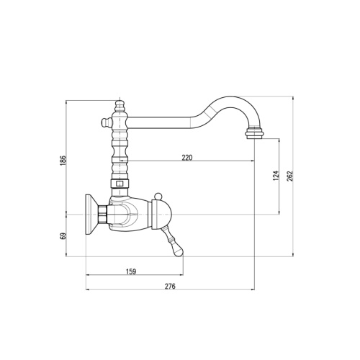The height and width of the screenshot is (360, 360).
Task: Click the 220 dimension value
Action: click(x=187, y=158)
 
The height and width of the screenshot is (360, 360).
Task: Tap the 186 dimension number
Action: click(x=63, y=161)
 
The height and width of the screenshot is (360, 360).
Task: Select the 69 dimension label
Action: click(x=63, y=236)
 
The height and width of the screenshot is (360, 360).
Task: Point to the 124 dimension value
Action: click(x=276, y=176)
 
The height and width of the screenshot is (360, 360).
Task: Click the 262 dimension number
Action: click(x=290, y=176)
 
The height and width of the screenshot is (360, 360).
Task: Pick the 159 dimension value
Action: click(x=131, y=271)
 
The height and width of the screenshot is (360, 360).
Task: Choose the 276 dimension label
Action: click(x=170, y=286)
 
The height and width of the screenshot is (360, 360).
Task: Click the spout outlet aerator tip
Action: click(x=254, y=134)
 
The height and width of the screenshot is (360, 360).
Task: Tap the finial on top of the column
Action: click(x=120, y=106)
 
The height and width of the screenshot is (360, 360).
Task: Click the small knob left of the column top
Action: click(x=105, y=122)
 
